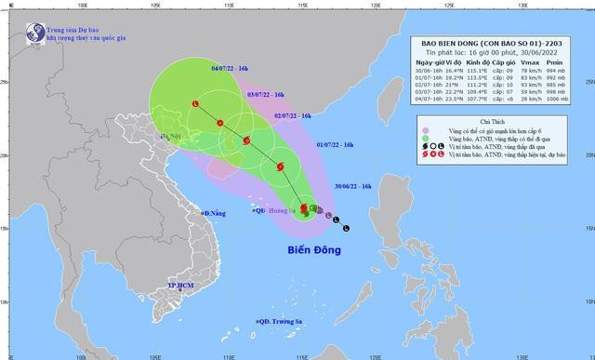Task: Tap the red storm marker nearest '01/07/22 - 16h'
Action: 278,167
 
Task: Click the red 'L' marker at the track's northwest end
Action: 195,103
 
